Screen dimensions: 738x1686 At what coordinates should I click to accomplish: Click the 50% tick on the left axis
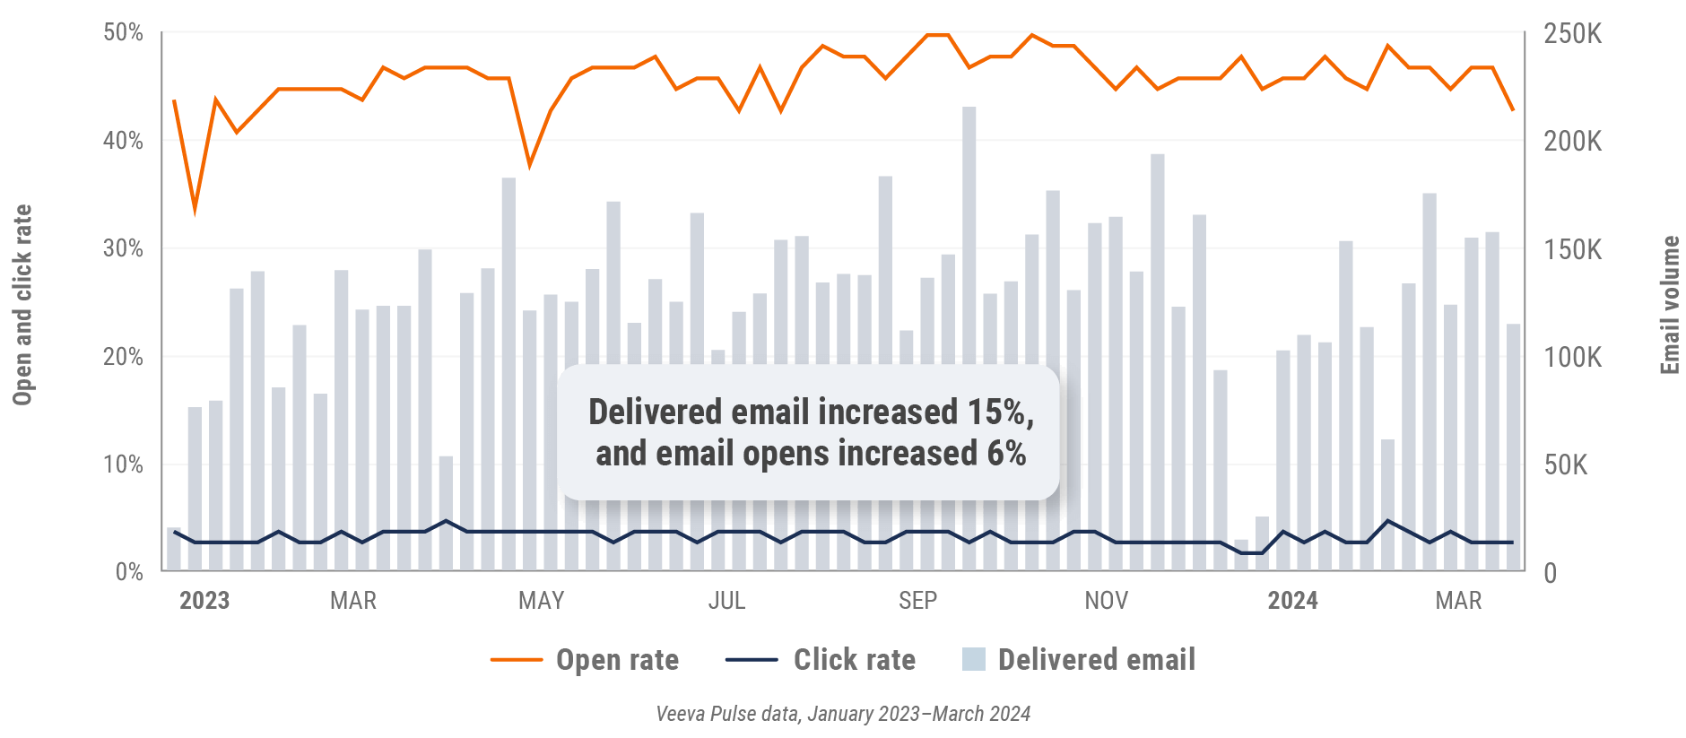tap(123, 33)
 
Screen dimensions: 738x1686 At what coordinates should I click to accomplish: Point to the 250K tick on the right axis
tap(1572, 34)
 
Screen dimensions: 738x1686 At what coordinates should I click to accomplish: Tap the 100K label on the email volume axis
tap(1572, 358)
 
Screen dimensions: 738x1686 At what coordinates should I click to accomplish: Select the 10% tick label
tap(123, 465)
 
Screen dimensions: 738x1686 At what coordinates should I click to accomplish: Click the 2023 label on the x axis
tap(204, 600)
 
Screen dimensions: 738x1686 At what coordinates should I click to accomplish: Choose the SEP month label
tap(917, 600)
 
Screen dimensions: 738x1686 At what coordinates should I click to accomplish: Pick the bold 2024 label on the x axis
tap(1292, 600)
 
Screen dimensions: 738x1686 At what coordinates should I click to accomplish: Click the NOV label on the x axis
tap(1106, 600)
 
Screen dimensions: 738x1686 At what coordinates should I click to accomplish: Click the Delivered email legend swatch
tap(973, 660)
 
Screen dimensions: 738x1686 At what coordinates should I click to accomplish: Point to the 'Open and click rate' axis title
tap(22, 305)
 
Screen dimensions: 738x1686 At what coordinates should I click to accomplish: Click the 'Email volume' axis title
tap(1669, 305)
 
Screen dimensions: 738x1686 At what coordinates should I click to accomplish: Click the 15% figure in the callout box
tap(999, 412)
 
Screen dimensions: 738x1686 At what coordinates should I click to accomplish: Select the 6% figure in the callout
tap(1006, 454)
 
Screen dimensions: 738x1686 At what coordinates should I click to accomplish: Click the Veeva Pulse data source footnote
tap(843, 714)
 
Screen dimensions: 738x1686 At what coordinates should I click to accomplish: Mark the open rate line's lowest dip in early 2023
tap(195, 212)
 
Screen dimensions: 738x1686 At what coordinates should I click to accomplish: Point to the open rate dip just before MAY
tap(529, 165)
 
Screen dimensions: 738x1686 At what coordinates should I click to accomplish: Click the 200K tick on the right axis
tap(1572, 142)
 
